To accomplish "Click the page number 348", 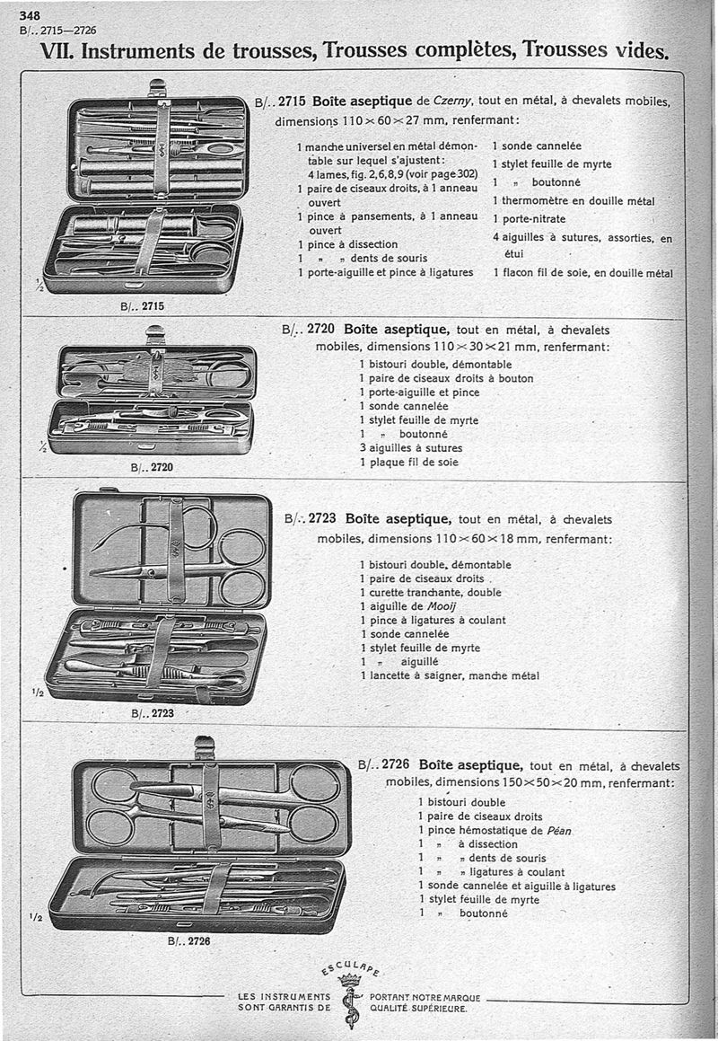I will coord(29,15).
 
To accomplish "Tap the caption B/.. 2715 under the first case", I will coord(142,306).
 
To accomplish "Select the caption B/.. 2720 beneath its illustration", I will coord(152,467).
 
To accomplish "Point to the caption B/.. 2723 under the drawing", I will coord(152,714).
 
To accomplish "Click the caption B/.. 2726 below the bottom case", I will coord(188,942).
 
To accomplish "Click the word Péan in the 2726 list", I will coord(556,830).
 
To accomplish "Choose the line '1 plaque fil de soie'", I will coord(408,463).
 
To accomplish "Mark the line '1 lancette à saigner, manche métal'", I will coord(450,675).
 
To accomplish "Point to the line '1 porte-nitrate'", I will coord(529,218).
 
